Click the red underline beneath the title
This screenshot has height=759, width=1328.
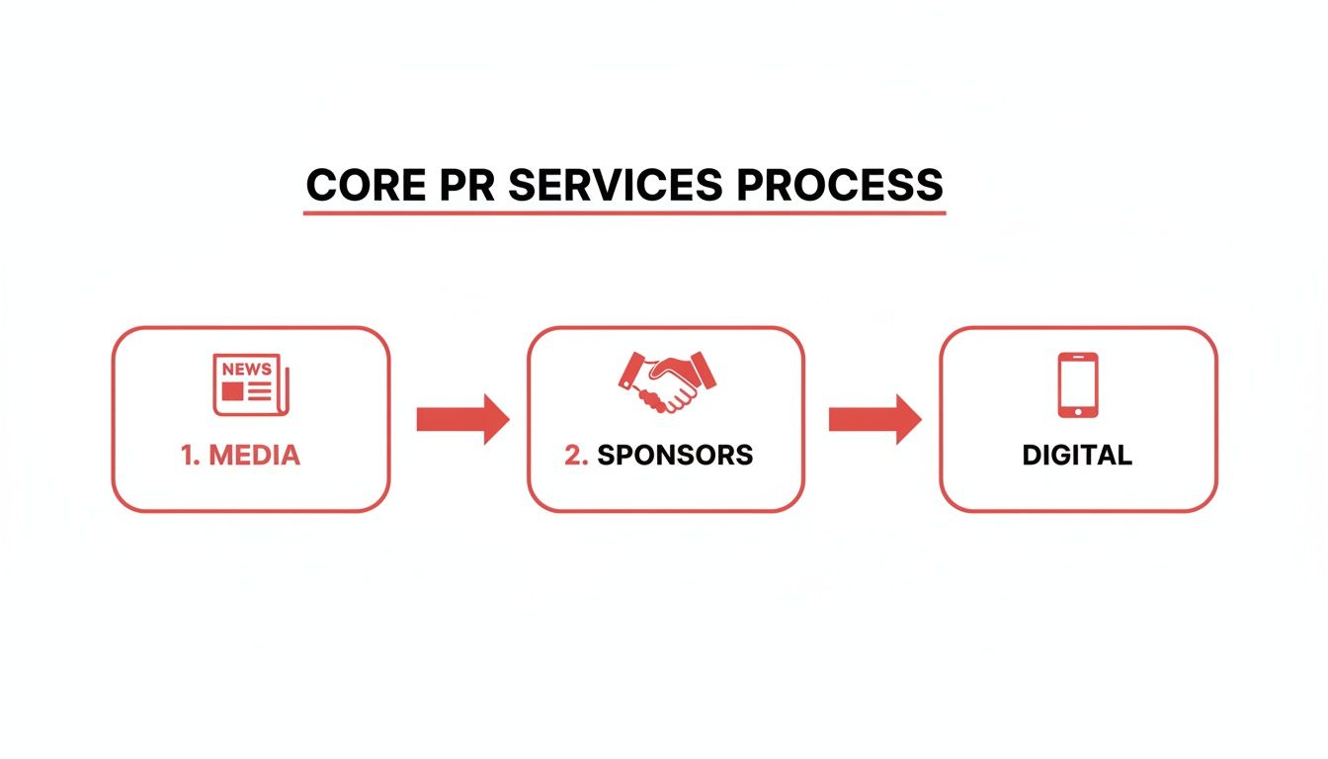623,211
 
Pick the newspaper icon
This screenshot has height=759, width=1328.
251,384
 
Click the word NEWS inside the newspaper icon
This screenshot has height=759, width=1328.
247,369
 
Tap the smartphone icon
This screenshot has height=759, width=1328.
1077,384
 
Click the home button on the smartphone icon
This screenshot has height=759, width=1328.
1077,410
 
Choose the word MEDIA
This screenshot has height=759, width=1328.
255,455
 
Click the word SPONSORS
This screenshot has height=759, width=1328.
675,455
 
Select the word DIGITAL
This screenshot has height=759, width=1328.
1077,455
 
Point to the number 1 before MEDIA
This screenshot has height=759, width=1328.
189,455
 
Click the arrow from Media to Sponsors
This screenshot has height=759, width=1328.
461,419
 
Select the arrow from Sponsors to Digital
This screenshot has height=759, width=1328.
873,419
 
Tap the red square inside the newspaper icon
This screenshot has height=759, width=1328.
232,391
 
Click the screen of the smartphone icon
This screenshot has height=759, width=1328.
1077,382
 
